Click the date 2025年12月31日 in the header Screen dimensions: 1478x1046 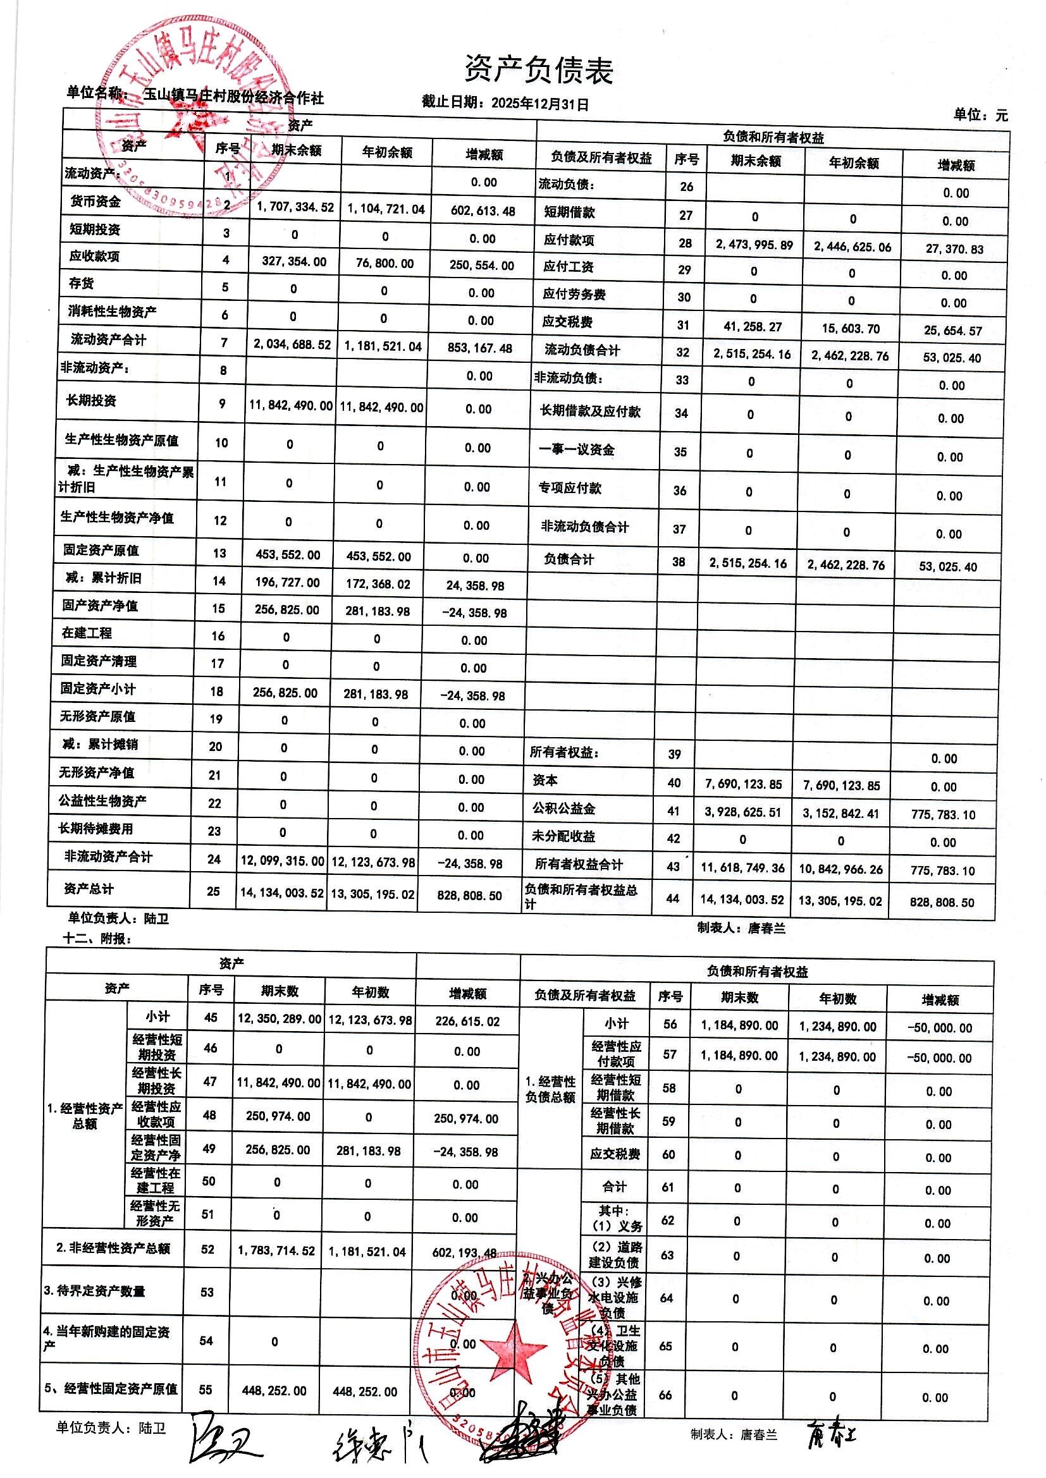pyautogui.click(x=539, y=104)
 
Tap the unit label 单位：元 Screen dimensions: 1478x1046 pyautogui.click(x=980, y=115)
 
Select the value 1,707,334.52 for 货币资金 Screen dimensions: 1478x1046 pyautogui.click(x=295, y=207)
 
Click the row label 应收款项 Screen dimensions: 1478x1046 pyautogui.click(x=95, y=256)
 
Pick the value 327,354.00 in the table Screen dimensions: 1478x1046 pyautogui.click(x=294, y=262)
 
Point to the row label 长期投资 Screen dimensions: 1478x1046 pyautogui.click(x=92, y=400)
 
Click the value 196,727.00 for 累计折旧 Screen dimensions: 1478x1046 pyautogui.click(x=287, y=583)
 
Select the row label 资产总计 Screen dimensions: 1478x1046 pyautogui.click(x=89, y=889)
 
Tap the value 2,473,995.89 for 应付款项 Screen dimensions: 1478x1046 pyautogui.click(x=754, y=245)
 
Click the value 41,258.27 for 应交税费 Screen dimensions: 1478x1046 pyautogui.click(x=753, y=327)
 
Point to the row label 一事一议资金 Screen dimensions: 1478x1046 pyautogui.click(x=577, y=450)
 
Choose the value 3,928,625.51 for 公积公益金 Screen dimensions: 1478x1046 pyautogui.click(x=742, y=812)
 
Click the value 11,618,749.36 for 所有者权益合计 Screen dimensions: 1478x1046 pyautogui.click(x=742, y=868)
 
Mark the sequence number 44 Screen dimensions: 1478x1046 pyautogui.click(x=672, y=898)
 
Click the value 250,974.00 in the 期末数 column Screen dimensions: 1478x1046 pyautogui.click(x=278, y=1116)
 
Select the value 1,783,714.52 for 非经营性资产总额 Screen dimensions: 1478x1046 pyautogui.click(x=276, y=1251)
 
